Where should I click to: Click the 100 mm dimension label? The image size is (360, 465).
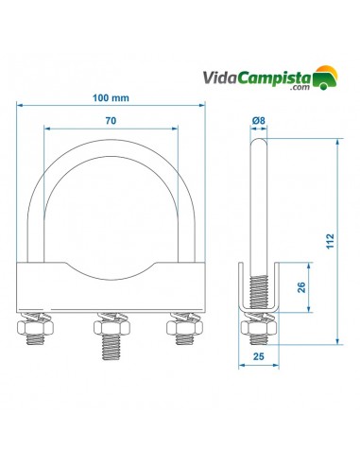[111, 98]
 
